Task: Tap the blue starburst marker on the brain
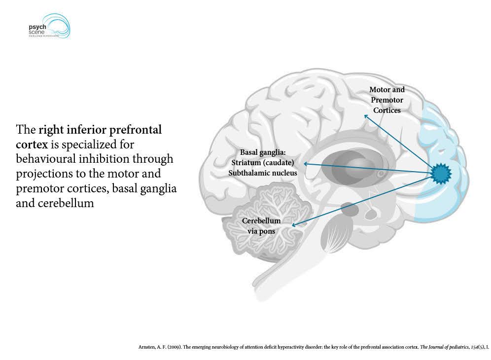coord(441,173)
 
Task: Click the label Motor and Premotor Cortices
coord(387,100)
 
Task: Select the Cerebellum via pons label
coord(261,226)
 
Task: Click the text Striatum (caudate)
coord(263,163)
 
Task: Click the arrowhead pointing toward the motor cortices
coord(366,117)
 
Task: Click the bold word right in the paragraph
coord(50,130)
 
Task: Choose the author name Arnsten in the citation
coord(147,347)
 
